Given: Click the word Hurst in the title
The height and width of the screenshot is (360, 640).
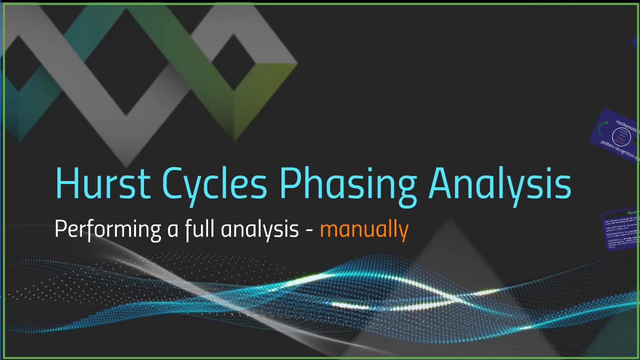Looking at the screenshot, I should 102,183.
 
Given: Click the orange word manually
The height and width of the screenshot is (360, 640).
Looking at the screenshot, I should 364,229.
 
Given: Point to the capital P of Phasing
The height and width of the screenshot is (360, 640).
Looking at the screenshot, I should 290,183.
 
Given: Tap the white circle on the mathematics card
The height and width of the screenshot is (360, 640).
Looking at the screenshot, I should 621,137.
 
